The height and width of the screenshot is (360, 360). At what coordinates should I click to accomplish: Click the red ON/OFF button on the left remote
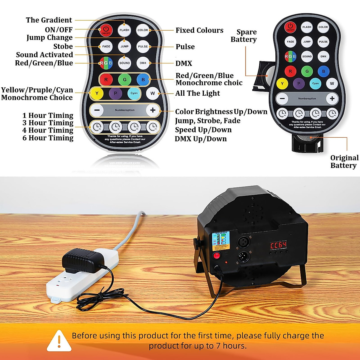tap(106, 30)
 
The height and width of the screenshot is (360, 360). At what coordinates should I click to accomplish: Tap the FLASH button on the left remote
tap(124, 30)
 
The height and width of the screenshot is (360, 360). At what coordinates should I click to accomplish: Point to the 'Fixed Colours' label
tap(199, 30)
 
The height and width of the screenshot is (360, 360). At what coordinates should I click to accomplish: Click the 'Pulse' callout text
tap(185, 47)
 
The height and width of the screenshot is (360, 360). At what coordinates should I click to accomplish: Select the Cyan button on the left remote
tap(134, 93)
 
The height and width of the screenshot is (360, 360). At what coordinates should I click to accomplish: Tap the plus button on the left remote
tap(153, 110)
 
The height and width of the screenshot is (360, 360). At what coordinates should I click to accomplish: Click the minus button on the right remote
tap(282, 98)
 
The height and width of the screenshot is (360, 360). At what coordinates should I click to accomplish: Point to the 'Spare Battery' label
tap(244, 36)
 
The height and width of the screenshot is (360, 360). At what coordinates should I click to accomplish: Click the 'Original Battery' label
tap(344, 162)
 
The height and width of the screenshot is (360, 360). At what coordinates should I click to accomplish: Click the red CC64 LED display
tap(278, 245)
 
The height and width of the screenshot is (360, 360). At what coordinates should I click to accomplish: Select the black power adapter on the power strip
tap(82, 260)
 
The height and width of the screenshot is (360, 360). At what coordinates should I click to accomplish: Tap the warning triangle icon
tap(59, 341)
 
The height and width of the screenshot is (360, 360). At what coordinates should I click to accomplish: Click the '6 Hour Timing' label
tap(48, 138)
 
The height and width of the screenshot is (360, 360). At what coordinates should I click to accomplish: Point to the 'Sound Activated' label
tap(44, 55)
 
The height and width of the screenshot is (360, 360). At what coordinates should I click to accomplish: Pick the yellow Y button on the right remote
tap(282, 84)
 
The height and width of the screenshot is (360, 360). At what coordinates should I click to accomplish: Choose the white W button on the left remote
tap(152, 93)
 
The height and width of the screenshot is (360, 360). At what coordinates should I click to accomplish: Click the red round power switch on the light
tap(216, 256)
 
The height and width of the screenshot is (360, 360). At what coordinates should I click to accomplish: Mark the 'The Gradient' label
tap(49, 20)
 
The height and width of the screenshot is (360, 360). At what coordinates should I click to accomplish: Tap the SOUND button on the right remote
tap(307, 56)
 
